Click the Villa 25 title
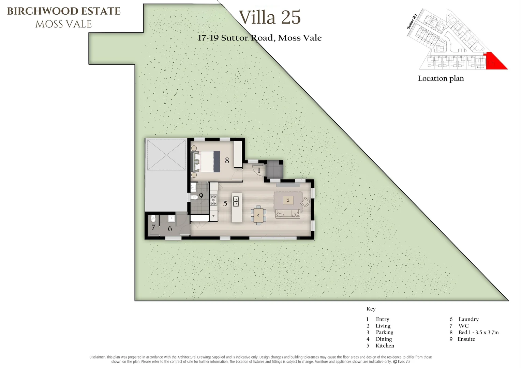click(270, 17)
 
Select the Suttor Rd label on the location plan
click(412, 21)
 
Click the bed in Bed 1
click(206, 162)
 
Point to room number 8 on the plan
click(227, 160)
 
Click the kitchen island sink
click(236, 202)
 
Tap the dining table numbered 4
click(258, 215)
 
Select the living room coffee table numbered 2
click(288, 200)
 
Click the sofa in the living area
click(288, 214)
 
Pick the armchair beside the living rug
click(305, 202)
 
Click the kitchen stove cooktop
click(213, 200)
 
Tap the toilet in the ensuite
click(194, 198)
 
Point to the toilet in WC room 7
click(153, 218)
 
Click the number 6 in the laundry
click(170, 229)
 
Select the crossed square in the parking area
click(166, 155)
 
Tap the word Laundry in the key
click(468, 319)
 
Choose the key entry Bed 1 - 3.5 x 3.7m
click(478, 333)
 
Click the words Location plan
click(441, 78)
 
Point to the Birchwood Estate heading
click(64, 11)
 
